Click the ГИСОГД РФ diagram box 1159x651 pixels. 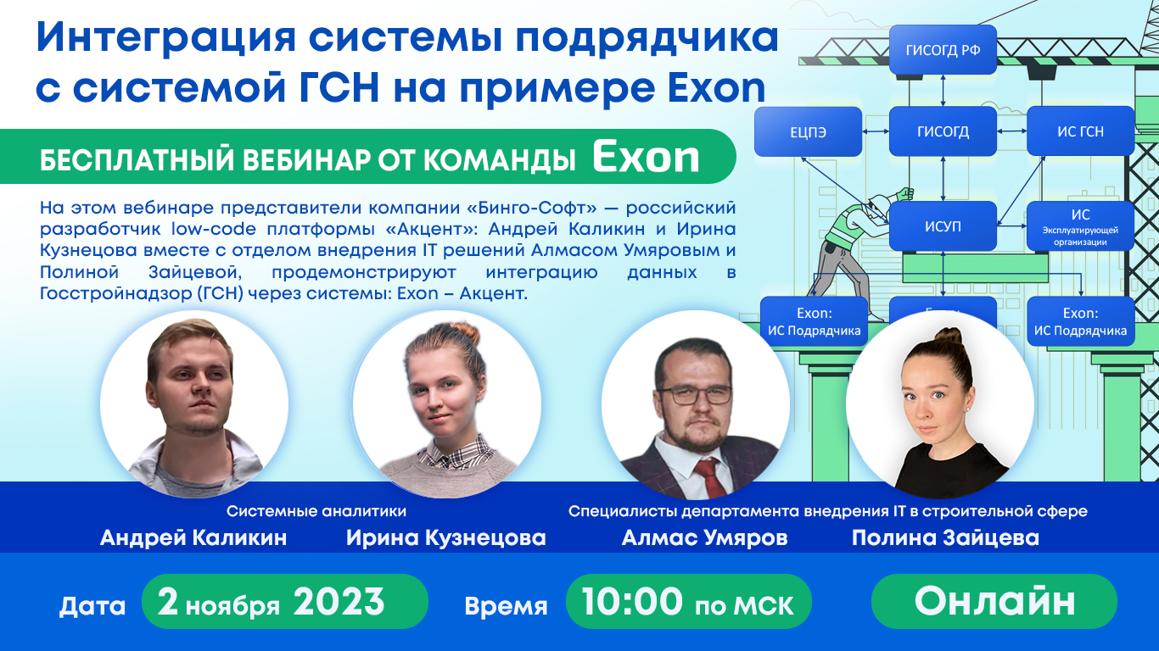pos(943,50)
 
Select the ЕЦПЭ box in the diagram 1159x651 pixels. pos(808,131)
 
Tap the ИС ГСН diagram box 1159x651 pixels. pos(1080,131)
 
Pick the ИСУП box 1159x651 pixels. pos(943,226)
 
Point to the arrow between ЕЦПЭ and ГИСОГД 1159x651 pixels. pos(876,131)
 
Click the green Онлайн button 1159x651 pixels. pos(994,601)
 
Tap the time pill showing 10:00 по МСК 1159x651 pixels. pos(688,602)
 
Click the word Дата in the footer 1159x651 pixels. pos(92,606)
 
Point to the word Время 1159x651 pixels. pos(506,606)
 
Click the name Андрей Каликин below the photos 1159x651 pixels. pos(193,538)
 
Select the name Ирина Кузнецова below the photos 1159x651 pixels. pos(445,538)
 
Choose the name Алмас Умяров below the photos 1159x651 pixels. pos(704,538)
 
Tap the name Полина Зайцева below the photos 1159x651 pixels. pos(945,538)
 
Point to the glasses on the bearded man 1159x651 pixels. pos(694,394)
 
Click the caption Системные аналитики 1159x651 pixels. pos(316,511)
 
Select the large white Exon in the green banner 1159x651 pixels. pos(646,157)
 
